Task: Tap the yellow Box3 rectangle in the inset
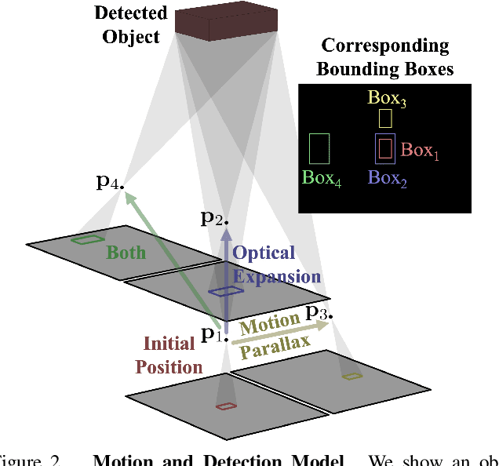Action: click(x=384, y=118)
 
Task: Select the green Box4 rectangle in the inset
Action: click(x=319, y=147)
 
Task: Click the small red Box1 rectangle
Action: click(x=385, y=147)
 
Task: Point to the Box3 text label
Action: click(x=388, y=99)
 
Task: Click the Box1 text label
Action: click(x=420, y=150)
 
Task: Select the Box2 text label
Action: click(x=388, y=177)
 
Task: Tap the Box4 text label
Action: click(x=322, y=177)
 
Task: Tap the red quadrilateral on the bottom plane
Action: click(x=226, y=406)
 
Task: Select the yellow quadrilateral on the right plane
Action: click(x=352, y=377)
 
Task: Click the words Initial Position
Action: click(x=169, y=355)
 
